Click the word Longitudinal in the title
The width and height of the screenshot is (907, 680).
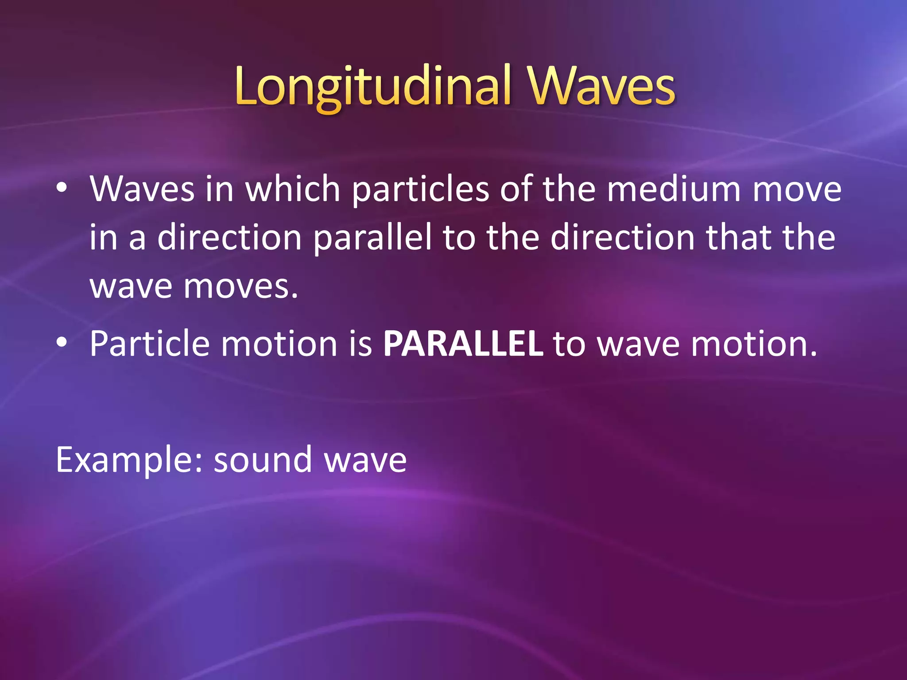[373, 87]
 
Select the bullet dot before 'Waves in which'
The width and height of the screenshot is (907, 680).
[62, 189]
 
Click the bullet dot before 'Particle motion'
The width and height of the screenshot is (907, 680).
[62, 342]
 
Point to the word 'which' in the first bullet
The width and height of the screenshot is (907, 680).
[292, 189]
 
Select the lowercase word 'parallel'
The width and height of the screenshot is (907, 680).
[372, 239]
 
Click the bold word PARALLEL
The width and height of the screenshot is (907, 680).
[463, 344]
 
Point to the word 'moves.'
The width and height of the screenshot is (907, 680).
[241, 287]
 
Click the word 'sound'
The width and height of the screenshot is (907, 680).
[263, 460]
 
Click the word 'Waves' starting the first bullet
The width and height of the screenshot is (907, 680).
[142, 189]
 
